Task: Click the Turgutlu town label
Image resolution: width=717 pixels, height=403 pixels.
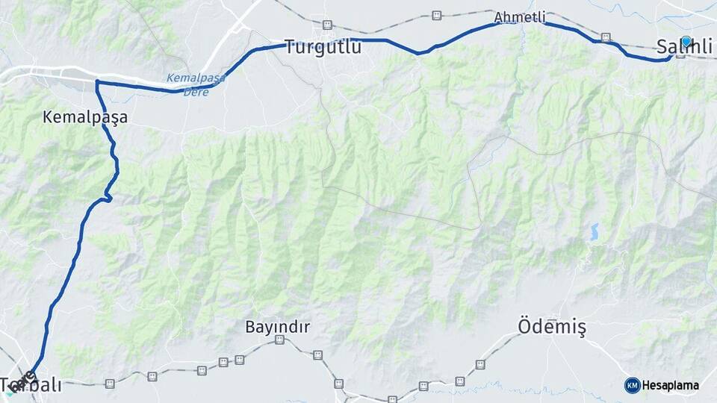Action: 323,48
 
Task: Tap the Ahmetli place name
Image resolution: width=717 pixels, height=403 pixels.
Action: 520,17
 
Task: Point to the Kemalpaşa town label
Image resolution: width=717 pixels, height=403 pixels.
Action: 85,117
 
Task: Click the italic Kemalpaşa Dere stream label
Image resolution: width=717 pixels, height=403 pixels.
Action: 196,84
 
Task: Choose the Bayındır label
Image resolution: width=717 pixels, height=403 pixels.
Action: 277,327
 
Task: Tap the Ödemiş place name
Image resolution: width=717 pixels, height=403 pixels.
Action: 551,326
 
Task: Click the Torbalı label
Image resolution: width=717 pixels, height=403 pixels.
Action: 31,386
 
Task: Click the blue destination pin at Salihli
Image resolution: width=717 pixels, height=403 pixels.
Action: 686,42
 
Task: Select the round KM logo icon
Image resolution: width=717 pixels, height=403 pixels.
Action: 632,385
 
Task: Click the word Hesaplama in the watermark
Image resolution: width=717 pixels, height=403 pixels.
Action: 670,385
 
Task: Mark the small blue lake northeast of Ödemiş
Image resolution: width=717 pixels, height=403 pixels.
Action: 595,231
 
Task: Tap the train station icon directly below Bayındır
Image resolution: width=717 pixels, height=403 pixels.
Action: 279,340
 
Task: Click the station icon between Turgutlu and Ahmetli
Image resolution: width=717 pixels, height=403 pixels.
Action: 436,15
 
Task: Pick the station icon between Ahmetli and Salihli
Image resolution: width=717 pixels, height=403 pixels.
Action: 606,37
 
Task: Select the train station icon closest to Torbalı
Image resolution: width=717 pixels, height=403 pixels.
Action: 110,384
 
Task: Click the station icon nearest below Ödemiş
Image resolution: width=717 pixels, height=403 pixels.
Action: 480,365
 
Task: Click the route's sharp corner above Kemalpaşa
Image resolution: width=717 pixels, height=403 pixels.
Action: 96,81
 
